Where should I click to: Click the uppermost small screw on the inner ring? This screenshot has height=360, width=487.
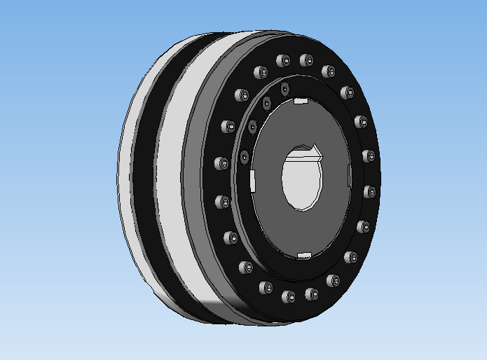(285, 89)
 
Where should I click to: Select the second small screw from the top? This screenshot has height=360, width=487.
(266, 104)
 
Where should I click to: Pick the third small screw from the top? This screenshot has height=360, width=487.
(252, 127)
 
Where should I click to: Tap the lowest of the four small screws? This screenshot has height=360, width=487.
(244, 156)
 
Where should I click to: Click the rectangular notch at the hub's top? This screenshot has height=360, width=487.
(301, 102)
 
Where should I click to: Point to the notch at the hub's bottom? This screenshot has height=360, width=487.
(304, 254)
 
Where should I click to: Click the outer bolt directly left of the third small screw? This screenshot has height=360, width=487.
(227, 127)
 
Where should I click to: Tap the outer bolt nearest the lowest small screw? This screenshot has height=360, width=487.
(222, 163)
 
